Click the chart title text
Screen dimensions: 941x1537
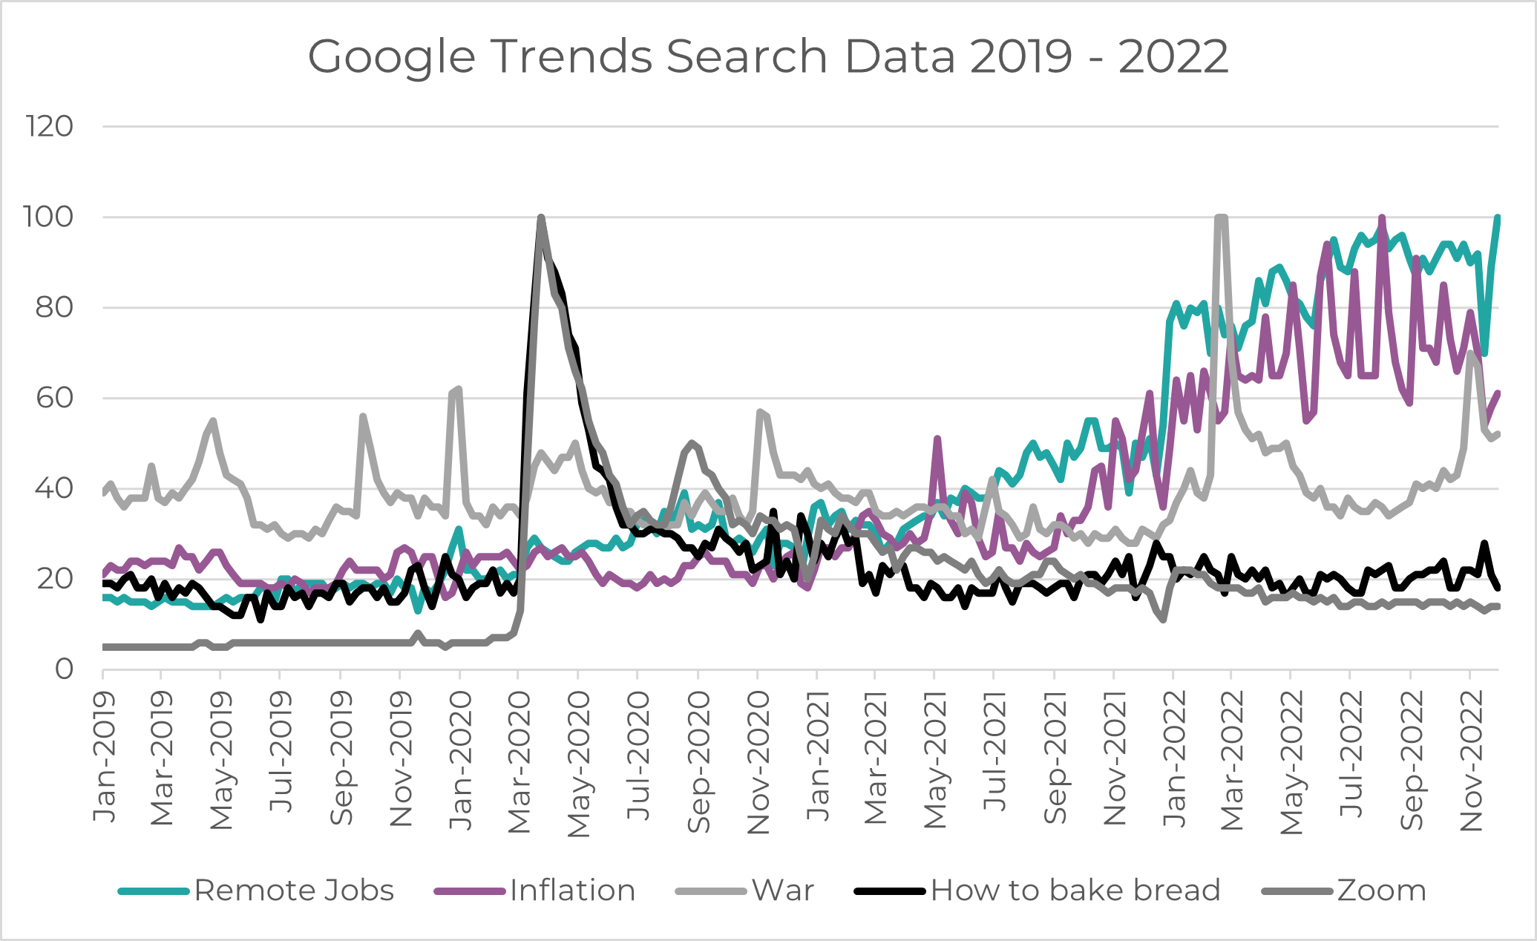pyautogui.click(x=768, y=56)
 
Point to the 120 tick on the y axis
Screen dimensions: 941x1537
pyautogui.click(x=50, y=127)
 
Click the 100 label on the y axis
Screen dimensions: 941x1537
pyautogui.click(x=50, y=217)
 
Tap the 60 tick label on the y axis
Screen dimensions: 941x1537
pyautogui.click(x=54, y=399)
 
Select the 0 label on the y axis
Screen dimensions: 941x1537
pyautogui.click(x=65, y=669)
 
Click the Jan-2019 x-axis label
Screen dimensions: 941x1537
pyautogui.click(x=104, y=757)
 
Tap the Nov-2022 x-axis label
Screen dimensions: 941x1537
pyautogui.click(x=1471, y=760)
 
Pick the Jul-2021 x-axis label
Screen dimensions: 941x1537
pyautogui.click(x=995, y=753)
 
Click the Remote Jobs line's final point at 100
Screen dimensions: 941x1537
pyautogui.click(x=1498, y=218)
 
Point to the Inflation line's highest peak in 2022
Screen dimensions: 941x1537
pyautogui.click(x=1381, y=218)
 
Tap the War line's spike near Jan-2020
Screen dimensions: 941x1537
pyautogui.click(x=459, y=389)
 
